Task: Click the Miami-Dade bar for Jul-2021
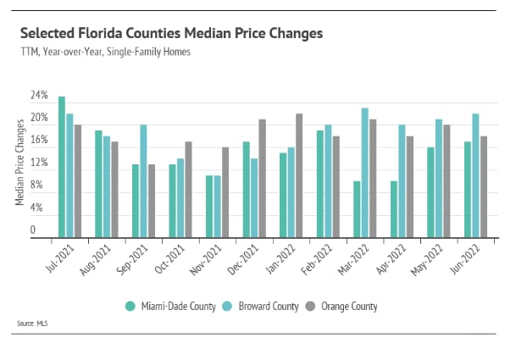pyautogui.click(x=62, y=167)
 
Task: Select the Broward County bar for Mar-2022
pyautogui.click(x=364, y=173)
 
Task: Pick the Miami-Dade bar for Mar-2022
pyautogui.click(x=357, y=209)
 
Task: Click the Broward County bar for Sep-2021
pyautogui.click(x=143, y=181)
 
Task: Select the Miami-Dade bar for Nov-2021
pyautogui.click(x=209, y=207)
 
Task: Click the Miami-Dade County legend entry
pyautogui.click(x=164, y=306)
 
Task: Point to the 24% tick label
pyautogui.click(x=39, y=94)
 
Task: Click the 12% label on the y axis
pyautogui.click(x=39, y=161)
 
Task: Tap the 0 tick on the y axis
pyautogui.click(x=33, y=229)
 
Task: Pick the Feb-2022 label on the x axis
pyautogui.click(x=319, y=258)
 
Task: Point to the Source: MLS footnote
pyautogui.click(x=31, y=323)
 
